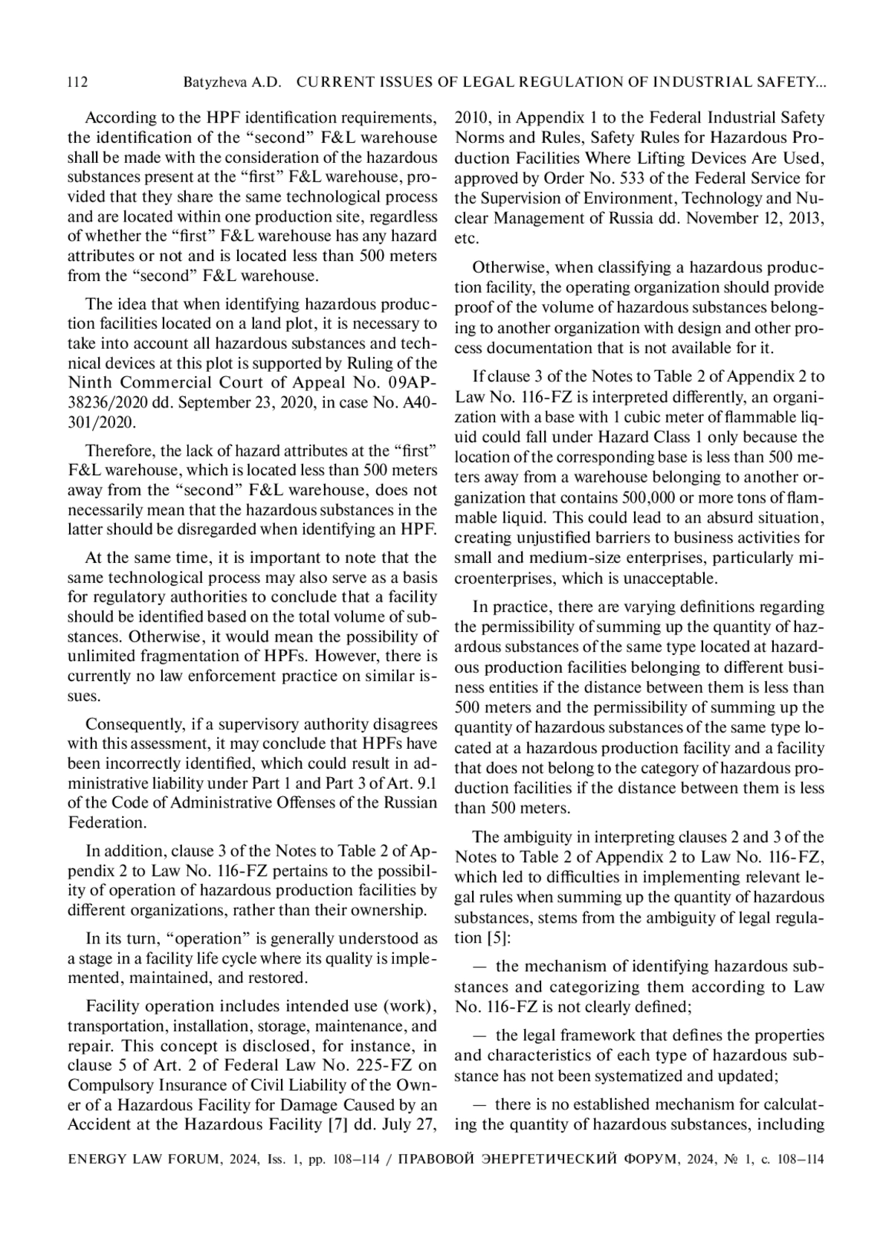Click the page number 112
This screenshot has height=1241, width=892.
tap(78, 83)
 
